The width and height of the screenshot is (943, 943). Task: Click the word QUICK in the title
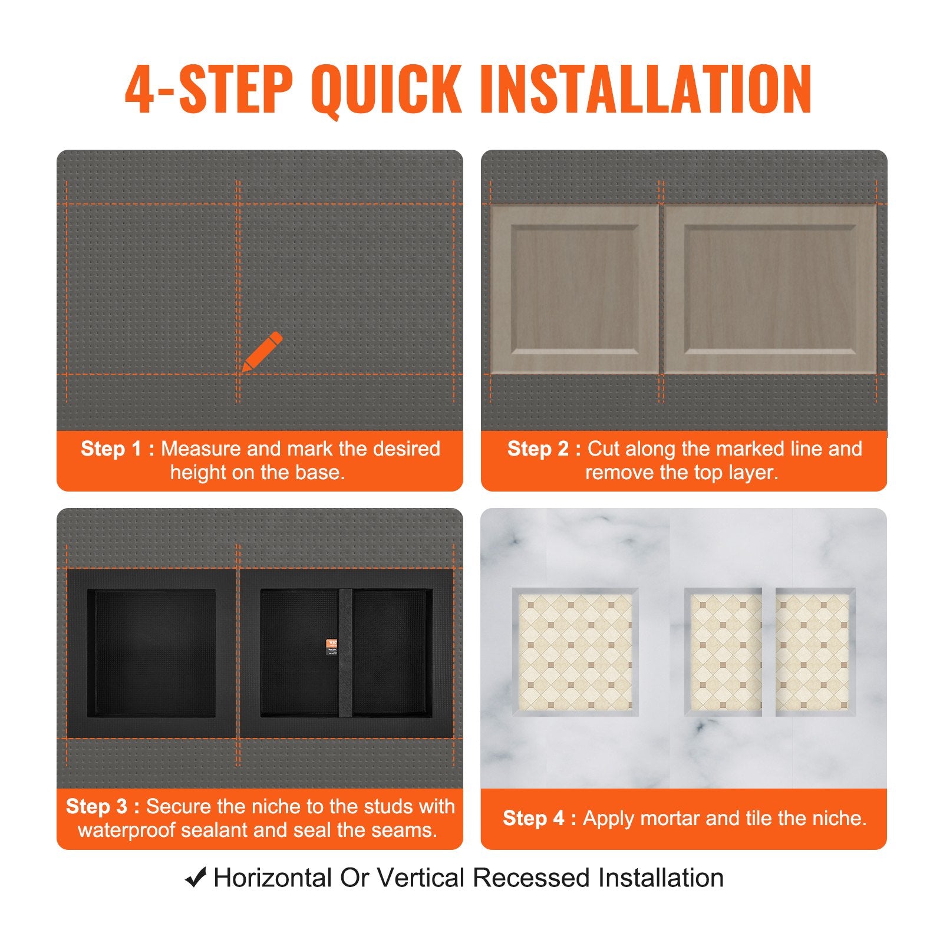[386, 89]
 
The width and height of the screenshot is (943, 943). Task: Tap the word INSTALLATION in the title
[646, 89]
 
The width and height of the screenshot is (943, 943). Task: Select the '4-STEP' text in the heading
[209, 89]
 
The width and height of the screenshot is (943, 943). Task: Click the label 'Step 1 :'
[117, 449]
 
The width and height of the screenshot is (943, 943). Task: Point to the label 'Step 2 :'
[544, 449]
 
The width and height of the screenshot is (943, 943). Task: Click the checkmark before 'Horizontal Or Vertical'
[195, 878]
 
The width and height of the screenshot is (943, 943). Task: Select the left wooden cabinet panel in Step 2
[574, 289]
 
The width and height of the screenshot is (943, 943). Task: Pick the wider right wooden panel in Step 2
[770, 289]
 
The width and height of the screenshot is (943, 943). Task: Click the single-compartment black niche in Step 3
[151, 653]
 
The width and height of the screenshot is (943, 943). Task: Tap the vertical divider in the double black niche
[345, 653]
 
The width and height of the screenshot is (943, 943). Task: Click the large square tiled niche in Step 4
[575, 651]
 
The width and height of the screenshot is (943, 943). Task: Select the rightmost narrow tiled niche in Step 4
[814, 651]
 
